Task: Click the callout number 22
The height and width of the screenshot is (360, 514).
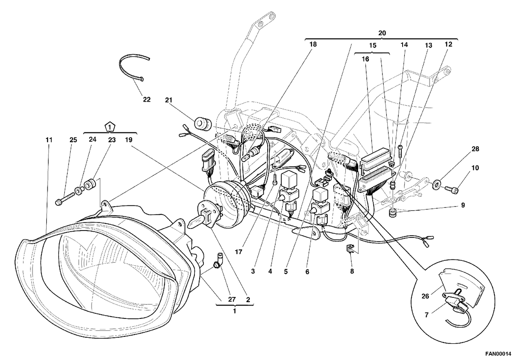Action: point(146,99)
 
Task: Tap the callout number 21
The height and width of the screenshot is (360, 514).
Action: point(169,100)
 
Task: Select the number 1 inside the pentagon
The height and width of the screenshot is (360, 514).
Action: point(110,127)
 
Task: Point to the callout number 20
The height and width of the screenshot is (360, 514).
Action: point(382,33)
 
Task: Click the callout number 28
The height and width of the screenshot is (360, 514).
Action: point(475,149)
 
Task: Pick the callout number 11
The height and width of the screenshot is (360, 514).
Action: point(49,140)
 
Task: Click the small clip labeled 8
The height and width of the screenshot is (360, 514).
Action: point(350,249)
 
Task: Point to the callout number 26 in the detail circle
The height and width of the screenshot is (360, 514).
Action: point(425,296)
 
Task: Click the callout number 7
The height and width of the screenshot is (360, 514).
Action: point(427,315)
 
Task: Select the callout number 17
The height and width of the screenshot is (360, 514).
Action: point(239,252)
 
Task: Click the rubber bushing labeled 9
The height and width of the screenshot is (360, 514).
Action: point(393,213)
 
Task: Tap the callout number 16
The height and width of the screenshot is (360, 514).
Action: point(365,59)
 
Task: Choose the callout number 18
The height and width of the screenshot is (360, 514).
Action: point(313,44)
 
